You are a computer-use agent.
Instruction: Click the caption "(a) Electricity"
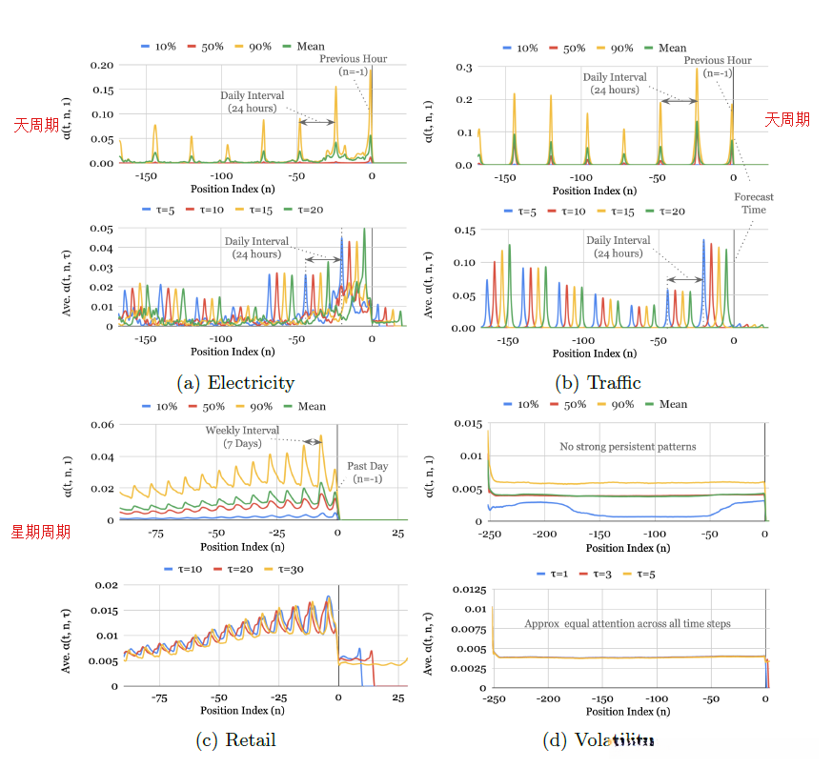pos(235,383)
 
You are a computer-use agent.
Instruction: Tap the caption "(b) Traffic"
pos(598,383)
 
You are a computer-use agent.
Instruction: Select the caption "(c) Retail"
pos(235,739)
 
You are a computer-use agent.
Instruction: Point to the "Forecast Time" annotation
pos(753,203)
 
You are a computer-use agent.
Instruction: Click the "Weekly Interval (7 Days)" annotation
pos(242,435)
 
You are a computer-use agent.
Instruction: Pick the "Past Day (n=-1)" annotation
pos(367,473)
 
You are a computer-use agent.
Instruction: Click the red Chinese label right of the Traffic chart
pos(787,119)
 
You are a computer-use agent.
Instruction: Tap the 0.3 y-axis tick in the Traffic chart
pos(464,68)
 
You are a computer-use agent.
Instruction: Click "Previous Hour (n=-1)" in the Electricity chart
pos(348,65)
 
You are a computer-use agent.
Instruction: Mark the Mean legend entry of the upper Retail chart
pos(304,407)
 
